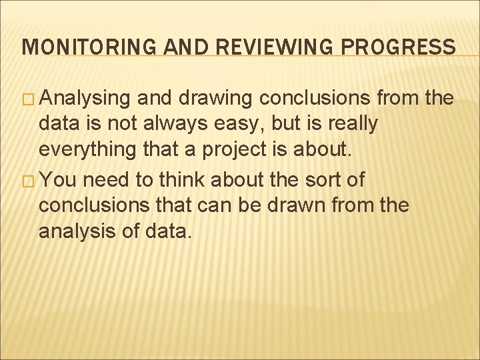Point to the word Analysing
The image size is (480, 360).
85,99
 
